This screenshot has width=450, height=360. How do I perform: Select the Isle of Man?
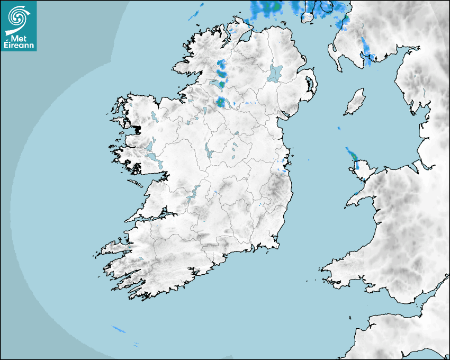point(355,102)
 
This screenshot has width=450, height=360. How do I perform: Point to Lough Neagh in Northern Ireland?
point(275,73)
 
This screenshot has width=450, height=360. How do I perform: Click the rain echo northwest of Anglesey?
point(352,155)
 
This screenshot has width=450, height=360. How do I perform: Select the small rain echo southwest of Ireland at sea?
point(120,330)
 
